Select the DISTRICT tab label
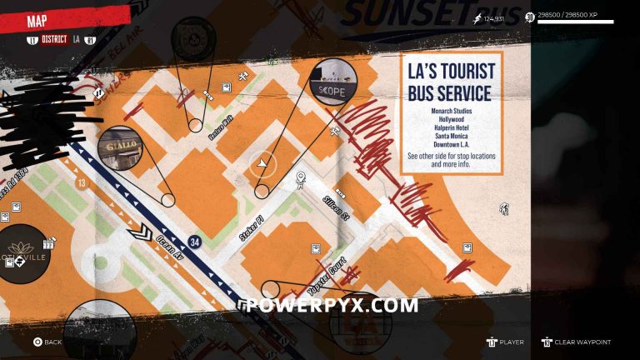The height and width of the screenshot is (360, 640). point(55,39)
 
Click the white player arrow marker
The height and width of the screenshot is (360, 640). point(263,164)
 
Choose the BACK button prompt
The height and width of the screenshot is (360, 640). point(47,342)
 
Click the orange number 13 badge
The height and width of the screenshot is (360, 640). point(81,182)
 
